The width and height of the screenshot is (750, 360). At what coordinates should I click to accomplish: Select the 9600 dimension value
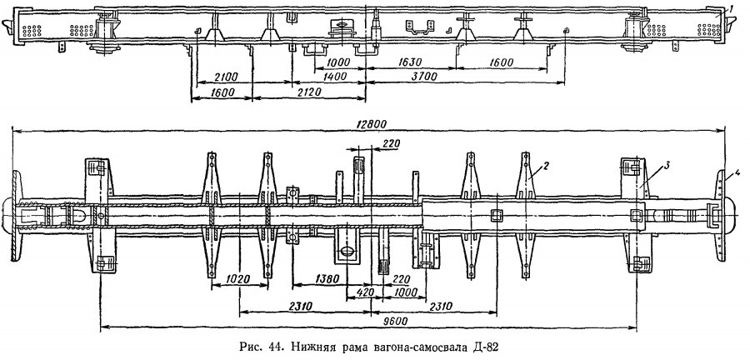(x=396, y=322)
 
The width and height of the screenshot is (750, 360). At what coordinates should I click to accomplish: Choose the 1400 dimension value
(x=335, y=77)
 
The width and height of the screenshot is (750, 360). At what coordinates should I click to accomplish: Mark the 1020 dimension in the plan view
(x=237, y=279)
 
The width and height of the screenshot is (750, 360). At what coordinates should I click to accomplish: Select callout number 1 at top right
(x=732, y=8)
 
